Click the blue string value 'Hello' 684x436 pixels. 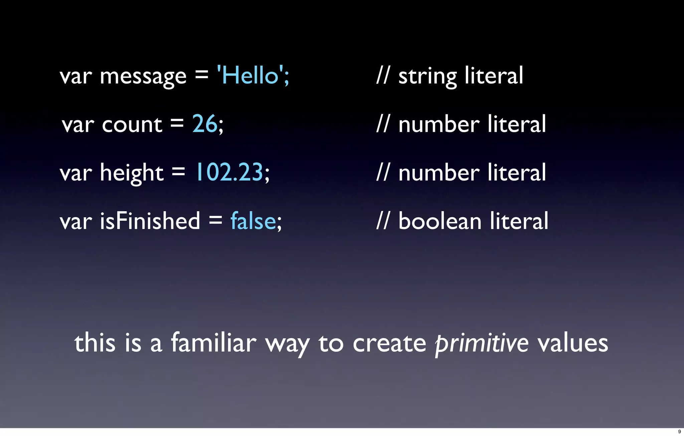[250, 75]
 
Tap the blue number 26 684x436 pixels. [204, 124]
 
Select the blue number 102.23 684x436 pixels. [229, 173]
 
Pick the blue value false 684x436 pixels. [253, 221]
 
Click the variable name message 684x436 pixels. [143, 77]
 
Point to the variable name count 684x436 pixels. [132, 125]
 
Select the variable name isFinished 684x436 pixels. [150, 221]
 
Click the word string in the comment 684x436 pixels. [427, 77]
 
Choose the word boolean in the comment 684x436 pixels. [440, 221]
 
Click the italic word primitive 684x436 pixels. [482, 343]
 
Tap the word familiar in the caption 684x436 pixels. [213, 343]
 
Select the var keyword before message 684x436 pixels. [75, 77]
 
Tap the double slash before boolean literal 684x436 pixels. [383, 221]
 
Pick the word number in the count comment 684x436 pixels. [439, 125]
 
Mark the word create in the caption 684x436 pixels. [389, 343]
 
